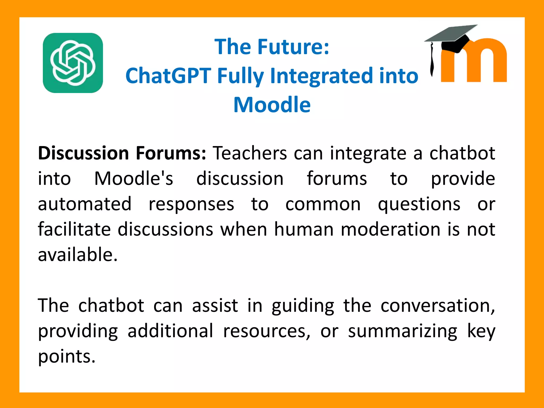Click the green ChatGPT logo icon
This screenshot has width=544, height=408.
point(73,63)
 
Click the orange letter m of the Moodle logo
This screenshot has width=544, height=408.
point(475,64)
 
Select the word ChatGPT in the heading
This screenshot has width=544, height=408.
point(168,76)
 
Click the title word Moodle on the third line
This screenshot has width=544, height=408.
point(272,105)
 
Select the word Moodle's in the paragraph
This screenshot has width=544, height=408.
point(134,178)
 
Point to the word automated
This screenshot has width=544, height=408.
point(85,204)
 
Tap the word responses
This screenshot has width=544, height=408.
point(191,204)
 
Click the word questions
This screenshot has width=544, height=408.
point(419,204)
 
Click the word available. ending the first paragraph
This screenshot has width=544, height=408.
point(78,254)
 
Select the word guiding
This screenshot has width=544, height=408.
point(303,305)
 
